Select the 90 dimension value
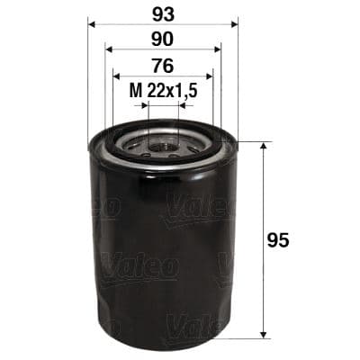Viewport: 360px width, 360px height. click(x=162, y=40)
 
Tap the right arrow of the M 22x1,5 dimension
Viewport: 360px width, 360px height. click(x=182, y=104)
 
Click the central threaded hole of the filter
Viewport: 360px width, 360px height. click(x=163, y=141)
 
